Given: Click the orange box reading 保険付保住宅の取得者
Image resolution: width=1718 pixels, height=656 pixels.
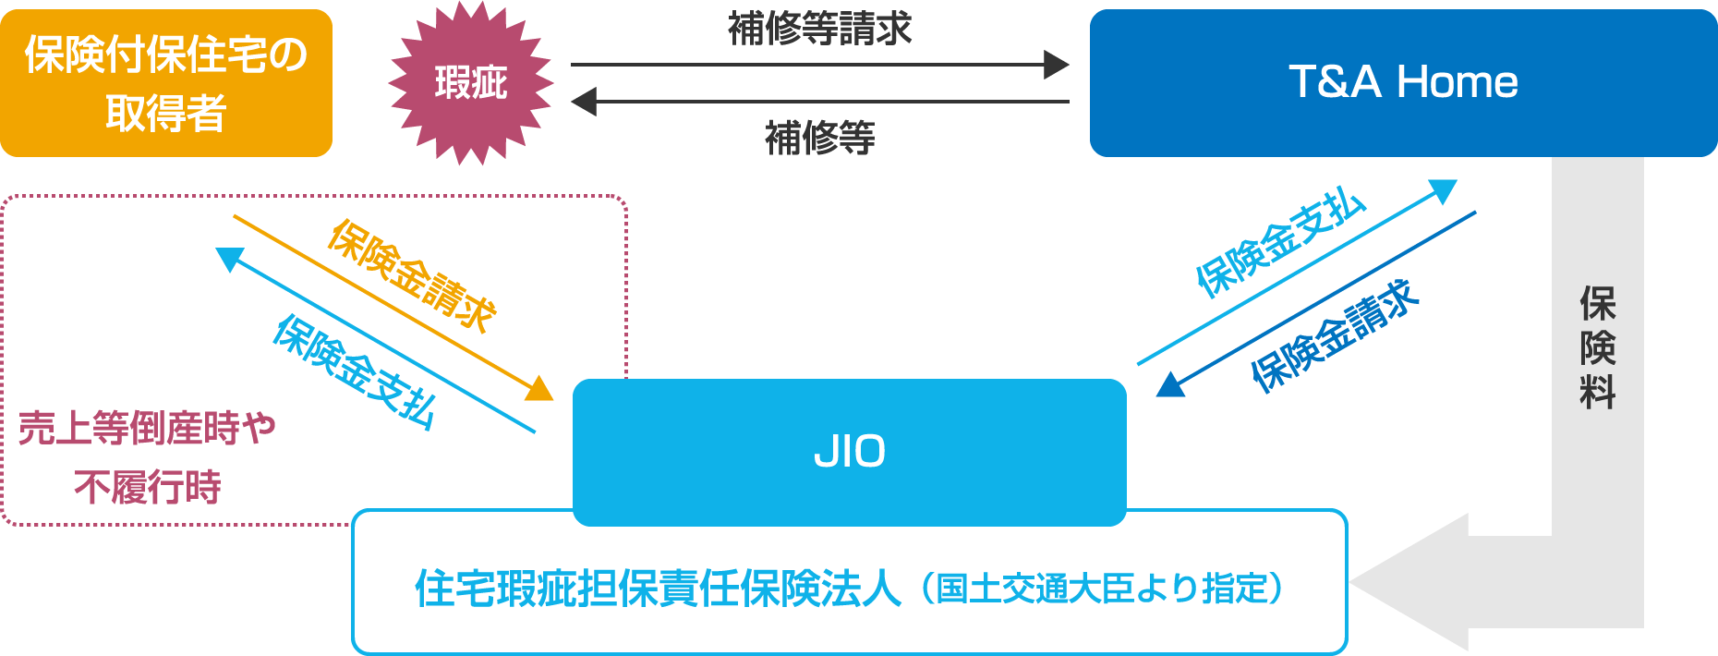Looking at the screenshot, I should tap(166, 83).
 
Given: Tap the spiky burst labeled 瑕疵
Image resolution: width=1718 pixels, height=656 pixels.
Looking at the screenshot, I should tap(471, 83).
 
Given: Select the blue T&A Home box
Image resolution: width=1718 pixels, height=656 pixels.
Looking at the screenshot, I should tap(1402, 83).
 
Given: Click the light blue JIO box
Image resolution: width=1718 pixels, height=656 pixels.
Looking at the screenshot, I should tap(849, 452).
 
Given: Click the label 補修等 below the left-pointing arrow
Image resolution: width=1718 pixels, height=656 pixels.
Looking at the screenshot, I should tap(819, 139).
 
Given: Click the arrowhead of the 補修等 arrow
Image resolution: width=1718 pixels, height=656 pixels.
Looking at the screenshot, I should tap(584, 102).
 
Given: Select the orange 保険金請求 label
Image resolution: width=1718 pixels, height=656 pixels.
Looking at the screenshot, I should tap(413, 275).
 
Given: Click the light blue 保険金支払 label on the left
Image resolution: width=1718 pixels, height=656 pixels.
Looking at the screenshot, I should tap(354, 371).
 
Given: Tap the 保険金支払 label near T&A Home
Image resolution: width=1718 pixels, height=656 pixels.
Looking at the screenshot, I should tap(1280, 244).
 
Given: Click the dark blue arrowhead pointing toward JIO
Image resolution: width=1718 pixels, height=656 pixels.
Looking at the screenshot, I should tap(1170, 384).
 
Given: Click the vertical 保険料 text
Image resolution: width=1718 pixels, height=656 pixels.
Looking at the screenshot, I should tap(1597, 347).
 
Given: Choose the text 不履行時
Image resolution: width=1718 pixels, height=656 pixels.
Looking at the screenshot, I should tap(148, 487).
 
